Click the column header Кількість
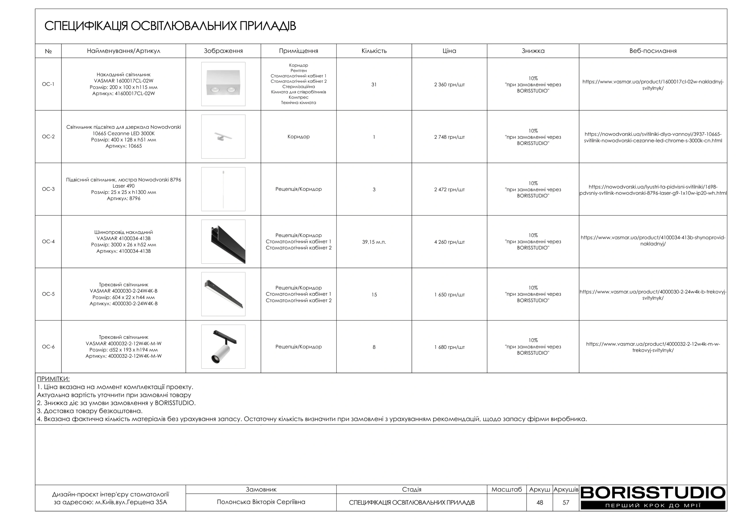point(374,51)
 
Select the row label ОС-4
point(48,242)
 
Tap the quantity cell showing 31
point(374,84)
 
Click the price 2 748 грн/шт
point(449,137)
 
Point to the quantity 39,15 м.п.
point(374,242)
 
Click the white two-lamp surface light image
point(223,84)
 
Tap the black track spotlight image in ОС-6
point(223,347)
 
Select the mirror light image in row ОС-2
point(223,137)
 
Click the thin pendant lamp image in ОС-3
point(223,189)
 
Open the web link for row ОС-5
point(653,295)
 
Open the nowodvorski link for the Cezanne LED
point(653,137)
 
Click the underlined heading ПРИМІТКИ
point(53,379)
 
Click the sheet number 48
point(540,503)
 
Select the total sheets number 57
point(566,503)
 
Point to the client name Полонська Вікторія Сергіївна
point(261,502)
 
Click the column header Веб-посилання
point(653,51)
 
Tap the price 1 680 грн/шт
point(449,347)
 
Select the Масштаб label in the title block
point(507,490)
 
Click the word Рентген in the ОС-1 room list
point(298,71)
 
